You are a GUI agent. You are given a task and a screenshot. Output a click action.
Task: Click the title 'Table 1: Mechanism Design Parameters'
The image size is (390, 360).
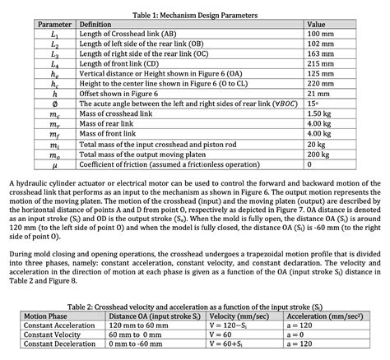click(x=195, y=16)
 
